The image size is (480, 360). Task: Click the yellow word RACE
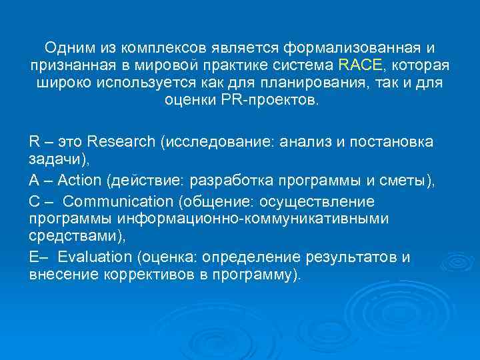(360, 66)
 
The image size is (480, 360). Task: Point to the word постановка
(396, 141)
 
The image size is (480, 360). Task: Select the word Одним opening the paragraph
(68, 48)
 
